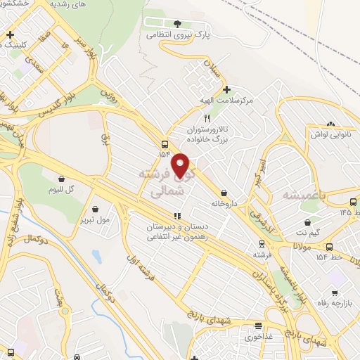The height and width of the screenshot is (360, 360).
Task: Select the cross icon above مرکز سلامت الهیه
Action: pyautogui.click(x=226, y=89)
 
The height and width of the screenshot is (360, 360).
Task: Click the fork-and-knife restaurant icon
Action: pyautogui.click(x=207, y=119)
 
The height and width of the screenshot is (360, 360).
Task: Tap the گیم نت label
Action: pyautogui.click(x=306, y=231)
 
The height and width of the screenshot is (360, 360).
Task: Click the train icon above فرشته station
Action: pyautogui.click(x=260, y=247)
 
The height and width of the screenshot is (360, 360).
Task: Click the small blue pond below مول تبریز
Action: pyautogui.click(x=96, y=256)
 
